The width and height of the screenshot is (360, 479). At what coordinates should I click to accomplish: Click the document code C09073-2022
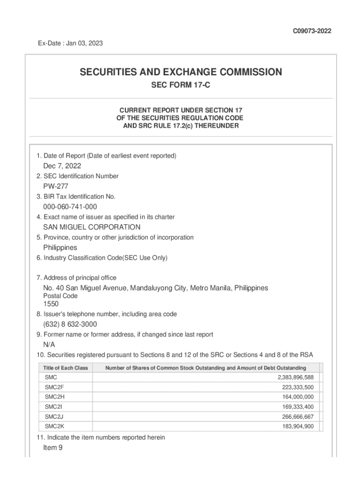pos(312,31)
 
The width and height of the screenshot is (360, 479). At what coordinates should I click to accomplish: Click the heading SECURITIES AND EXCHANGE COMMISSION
pos(180,72)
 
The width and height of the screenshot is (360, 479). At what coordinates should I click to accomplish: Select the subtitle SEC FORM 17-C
pos(180,86)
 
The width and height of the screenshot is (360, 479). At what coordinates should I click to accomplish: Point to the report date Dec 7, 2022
pos(62,166)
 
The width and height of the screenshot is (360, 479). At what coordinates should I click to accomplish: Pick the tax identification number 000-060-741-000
pos(70,207)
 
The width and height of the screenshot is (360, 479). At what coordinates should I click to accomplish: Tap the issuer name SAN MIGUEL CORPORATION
pos(92,227)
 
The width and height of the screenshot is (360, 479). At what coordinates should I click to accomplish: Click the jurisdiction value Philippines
pos(60,247)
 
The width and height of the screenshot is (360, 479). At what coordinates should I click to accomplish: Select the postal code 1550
pos(51,304)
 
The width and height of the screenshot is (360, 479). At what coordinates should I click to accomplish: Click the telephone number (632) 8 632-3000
pos(70,324)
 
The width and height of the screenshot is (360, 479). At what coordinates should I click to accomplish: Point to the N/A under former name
pos(49,344)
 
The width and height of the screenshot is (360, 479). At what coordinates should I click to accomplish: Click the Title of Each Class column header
pos(65,368)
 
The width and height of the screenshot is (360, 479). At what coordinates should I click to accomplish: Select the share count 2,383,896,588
pos(295,377)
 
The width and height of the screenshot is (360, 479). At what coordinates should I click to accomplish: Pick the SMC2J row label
pos(52,416)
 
